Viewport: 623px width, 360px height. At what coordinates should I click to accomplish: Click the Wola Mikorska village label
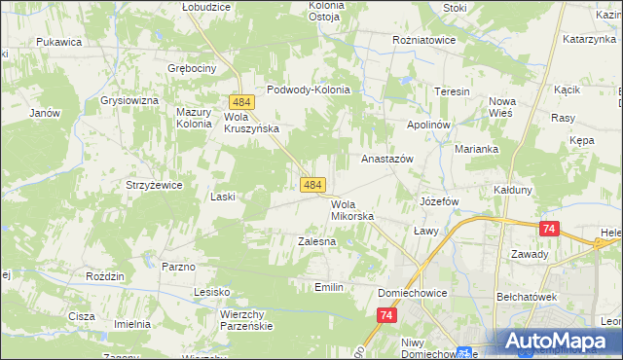[x=352, y=210]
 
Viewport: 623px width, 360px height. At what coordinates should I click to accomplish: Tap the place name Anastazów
[x=387, y=159]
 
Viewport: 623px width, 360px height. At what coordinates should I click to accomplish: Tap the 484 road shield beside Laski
[x=312, y=184]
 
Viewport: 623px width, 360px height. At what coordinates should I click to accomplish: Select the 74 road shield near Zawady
[x=550, y=228]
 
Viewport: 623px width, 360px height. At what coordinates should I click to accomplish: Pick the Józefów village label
[x=439, y=201]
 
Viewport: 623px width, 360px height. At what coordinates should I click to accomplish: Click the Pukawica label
[x=58, y=43]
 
